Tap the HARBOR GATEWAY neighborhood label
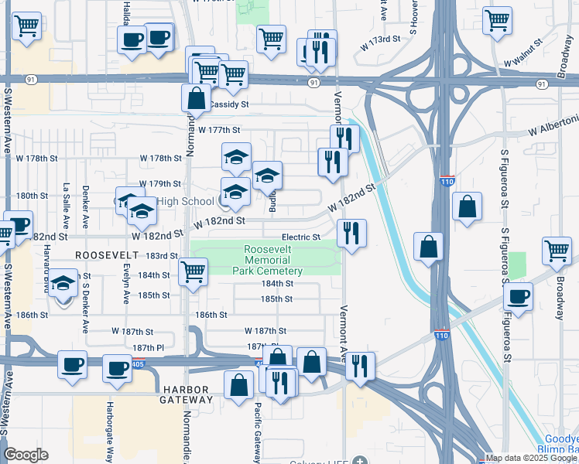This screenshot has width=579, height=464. [187, 394]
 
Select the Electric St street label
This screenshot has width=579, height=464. [301, 237]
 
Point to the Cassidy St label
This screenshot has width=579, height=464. [229, 104]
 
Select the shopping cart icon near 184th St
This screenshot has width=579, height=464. [193, 271]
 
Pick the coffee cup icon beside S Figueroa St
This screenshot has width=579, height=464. [519, 295]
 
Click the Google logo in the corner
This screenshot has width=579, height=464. [26, 455]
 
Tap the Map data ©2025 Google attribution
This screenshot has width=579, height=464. [524, 458]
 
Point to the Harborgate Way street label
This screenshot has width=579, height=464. [110, 429]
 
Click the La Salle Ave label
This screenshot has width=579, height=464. [67, 206]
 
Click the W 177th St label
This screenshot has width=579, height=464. [219, 130]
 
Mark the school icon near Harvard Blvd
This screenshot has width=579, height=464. [63, 283]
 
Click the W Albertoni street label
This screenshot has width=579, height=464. [553, 123]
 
